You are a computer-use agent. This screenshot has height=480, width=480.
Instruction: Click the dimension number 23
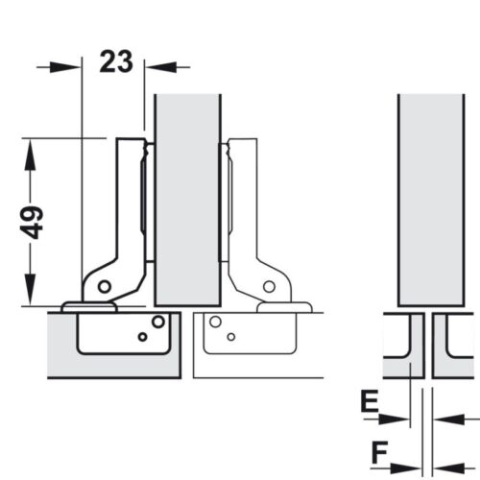pos(116,61)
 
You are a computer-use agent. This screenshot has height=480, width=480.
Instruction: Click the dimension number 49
pos(31,223)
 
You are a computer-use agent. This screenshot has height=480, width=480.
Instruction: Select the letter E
pos(370,400)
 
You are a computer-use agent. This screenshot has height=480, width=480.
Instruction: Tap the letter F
pos(379,452)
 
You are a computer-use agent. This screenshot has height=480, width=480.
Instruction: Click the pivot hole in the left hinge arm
pos(105,286)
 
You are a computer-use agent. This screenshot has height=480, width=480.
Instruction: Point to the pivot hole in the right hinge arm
pos(269,286)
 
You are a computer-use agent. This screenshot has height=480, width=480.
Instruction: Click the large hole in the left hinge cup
pos(158,321)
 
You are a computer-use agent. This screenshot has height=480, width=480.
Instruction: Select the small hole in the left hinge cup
pos(142,337)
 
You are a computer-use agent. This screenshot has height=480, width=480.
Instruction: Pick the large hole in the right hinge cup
pos(215,322)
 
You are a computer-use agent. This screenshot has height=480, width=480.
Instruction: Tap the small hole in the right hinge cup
pos(231,337)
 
